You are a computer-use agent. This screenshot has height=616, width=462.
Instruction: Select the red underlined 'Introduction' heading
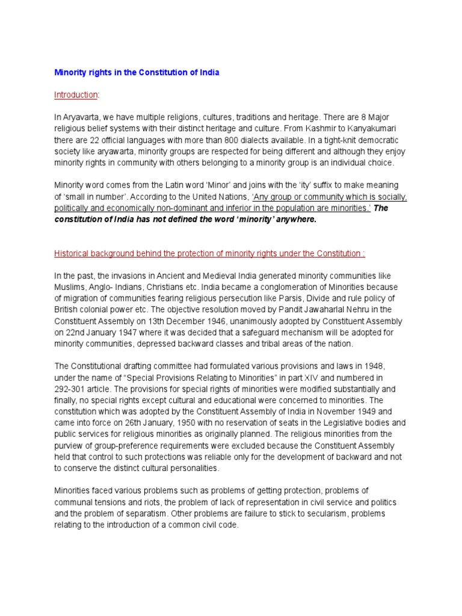pyautogui.click(x=76, y=95)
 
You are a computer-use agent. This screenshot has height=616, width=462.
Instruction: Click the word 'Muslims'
pyautogui.click(x=69, y=287)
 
